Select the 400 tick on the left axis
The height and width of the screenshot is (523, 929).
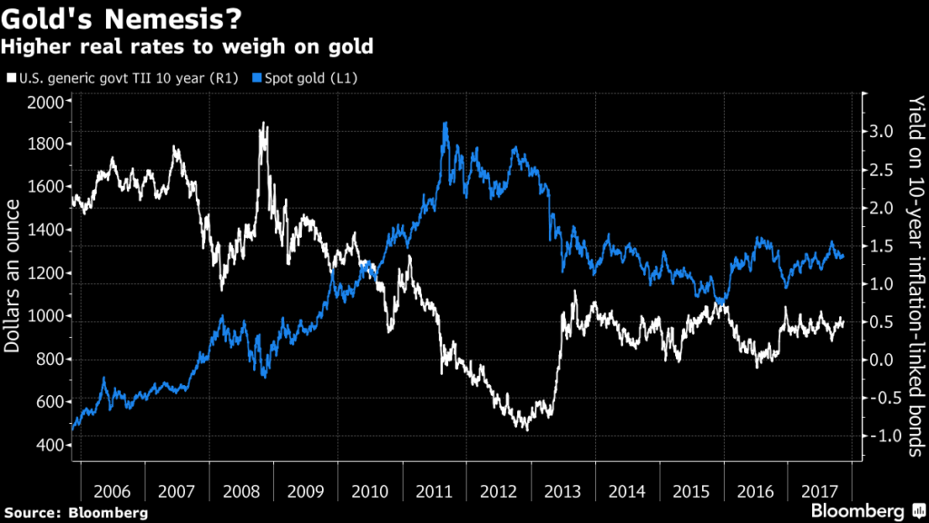tap(52, 445)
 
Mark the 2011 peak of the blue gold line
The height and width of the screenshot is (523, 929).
tap(445, 123)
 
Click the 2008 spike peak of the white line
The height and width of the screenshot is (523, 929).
tap(264, 123)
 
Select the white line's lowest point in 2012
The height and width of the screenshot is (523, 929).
tap(525, 428)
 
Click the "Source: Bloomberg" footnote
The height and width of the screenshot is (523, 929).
tap(74, 512)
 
